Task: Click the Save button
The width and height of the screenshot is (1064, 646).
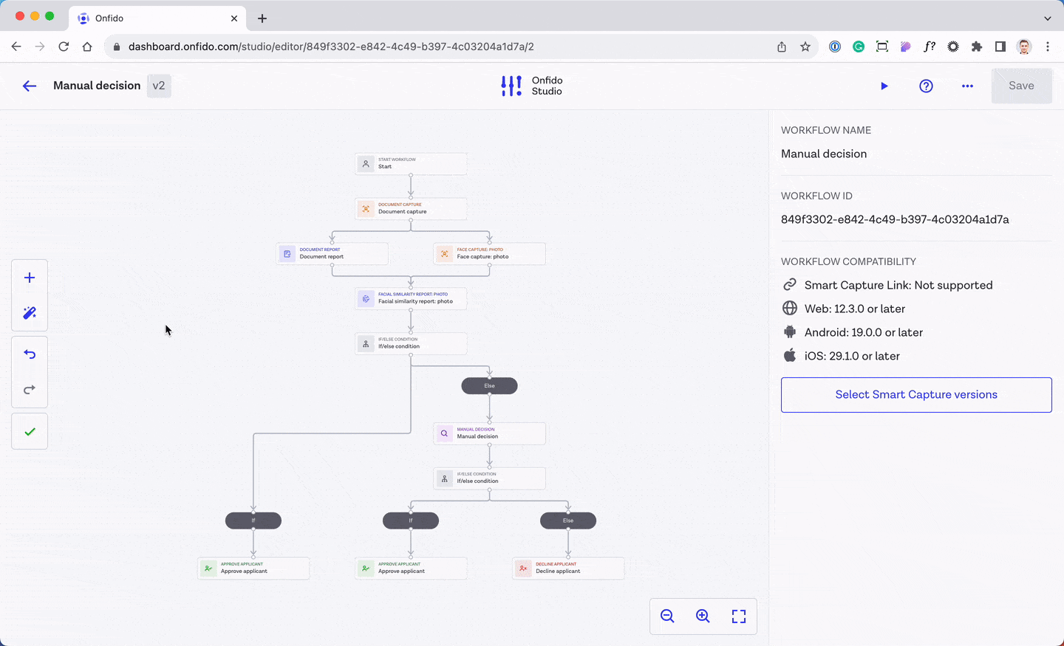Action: (x=1021, y=86)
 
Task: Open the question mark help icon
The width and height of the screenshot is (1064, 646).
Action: (x=926, y=86)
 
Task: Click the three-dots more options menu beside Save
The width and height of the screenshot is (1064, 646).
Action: (x=967, y=86)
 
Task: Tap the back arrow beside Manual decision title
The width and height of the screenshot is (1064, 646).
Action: (x=30, y=86)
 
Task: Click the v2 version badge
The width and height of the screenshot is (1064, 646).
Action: (x=159, y=86)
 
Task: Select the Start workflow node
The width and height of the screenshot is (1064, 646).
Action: (x=411, y=164)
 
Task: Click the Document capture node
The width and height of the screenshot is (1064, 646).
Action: (x=411, y=209)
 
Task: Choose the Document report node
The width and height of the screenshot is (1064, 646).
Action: (x=332, y=254)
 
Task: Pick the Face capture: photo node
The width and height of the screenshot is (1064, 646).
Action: (x=489, y=254)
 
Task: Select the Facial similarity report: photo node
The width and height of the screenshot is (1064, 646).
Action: (x=411, y=299)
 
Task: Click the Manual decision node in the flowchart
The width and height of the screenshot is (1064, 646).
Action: (x=489, y=433)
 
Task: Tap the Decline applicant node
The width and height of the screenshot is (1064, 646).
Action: (x=568, y=568)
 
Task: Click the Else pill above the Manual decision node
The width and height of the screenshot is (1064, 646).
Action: (x=489, y=385)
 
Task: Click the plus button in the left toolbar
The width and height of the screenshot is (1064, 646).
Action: (x=30, y=278)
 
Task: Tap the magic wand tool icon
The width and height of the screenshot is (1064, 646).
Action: (x=30, y=313)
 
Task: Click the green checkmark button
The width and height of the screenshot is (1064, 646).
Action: (x=30, y=432)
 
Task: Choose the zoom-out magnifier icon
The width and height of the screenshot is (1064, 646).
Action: (x=667, y=616)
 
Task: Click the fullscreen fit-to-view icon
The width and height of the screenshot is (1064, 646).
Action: (x=739, y=616)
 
